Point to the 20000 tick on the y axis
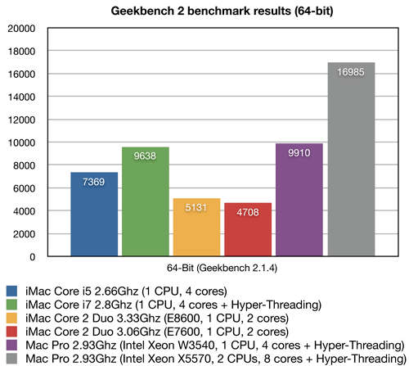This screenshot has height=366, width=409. (x=22, y=28)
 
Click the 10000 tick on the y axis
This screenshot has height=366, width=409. (x=22, y=142)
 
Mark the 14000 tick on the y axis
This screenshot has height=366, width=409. (x=22, y=97)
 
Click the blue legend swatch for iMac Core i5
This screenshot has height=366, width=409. (x=11, y=291)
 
